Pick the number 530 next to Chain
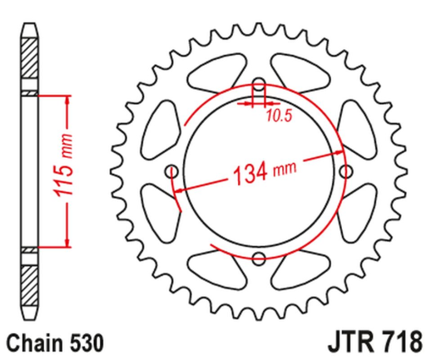coord(86,341)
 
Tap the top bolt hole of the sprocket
coord(258,86)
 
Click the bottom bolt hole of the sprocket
coord(258,257)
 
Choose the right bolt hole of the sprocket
coord(344,171)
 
